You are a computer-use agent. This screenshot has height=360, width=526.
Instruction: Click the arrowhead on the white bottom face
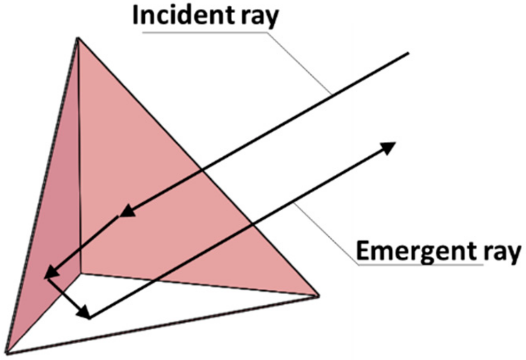[x=84, y=311]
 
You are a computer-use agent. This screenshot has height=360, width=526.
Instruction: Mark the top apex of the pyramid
[x=77, y=38]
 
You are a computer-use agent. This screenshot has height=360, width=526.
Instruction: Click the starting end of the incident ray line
[x=408, y=53]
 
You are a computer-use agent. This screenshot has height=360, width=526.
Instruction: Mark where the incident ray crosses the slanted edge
[x=202, y=169]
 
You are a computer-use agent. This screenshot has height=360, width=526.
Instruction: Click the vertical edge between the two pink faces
[x=79, y=158]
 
